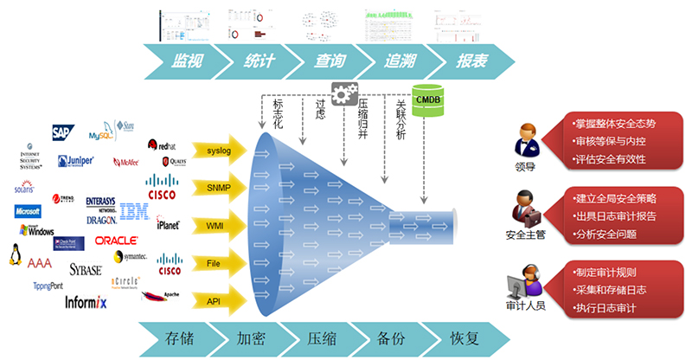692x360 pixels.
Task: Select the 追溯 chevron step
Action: (x=394, y=61)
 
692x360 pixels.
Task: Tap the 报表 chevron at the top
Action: (x=467, y=61)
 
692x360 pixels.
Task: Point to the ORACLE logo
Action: (x=116, y=241)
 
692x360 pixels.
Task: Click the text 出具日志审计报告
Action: (x=615, y=215)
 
